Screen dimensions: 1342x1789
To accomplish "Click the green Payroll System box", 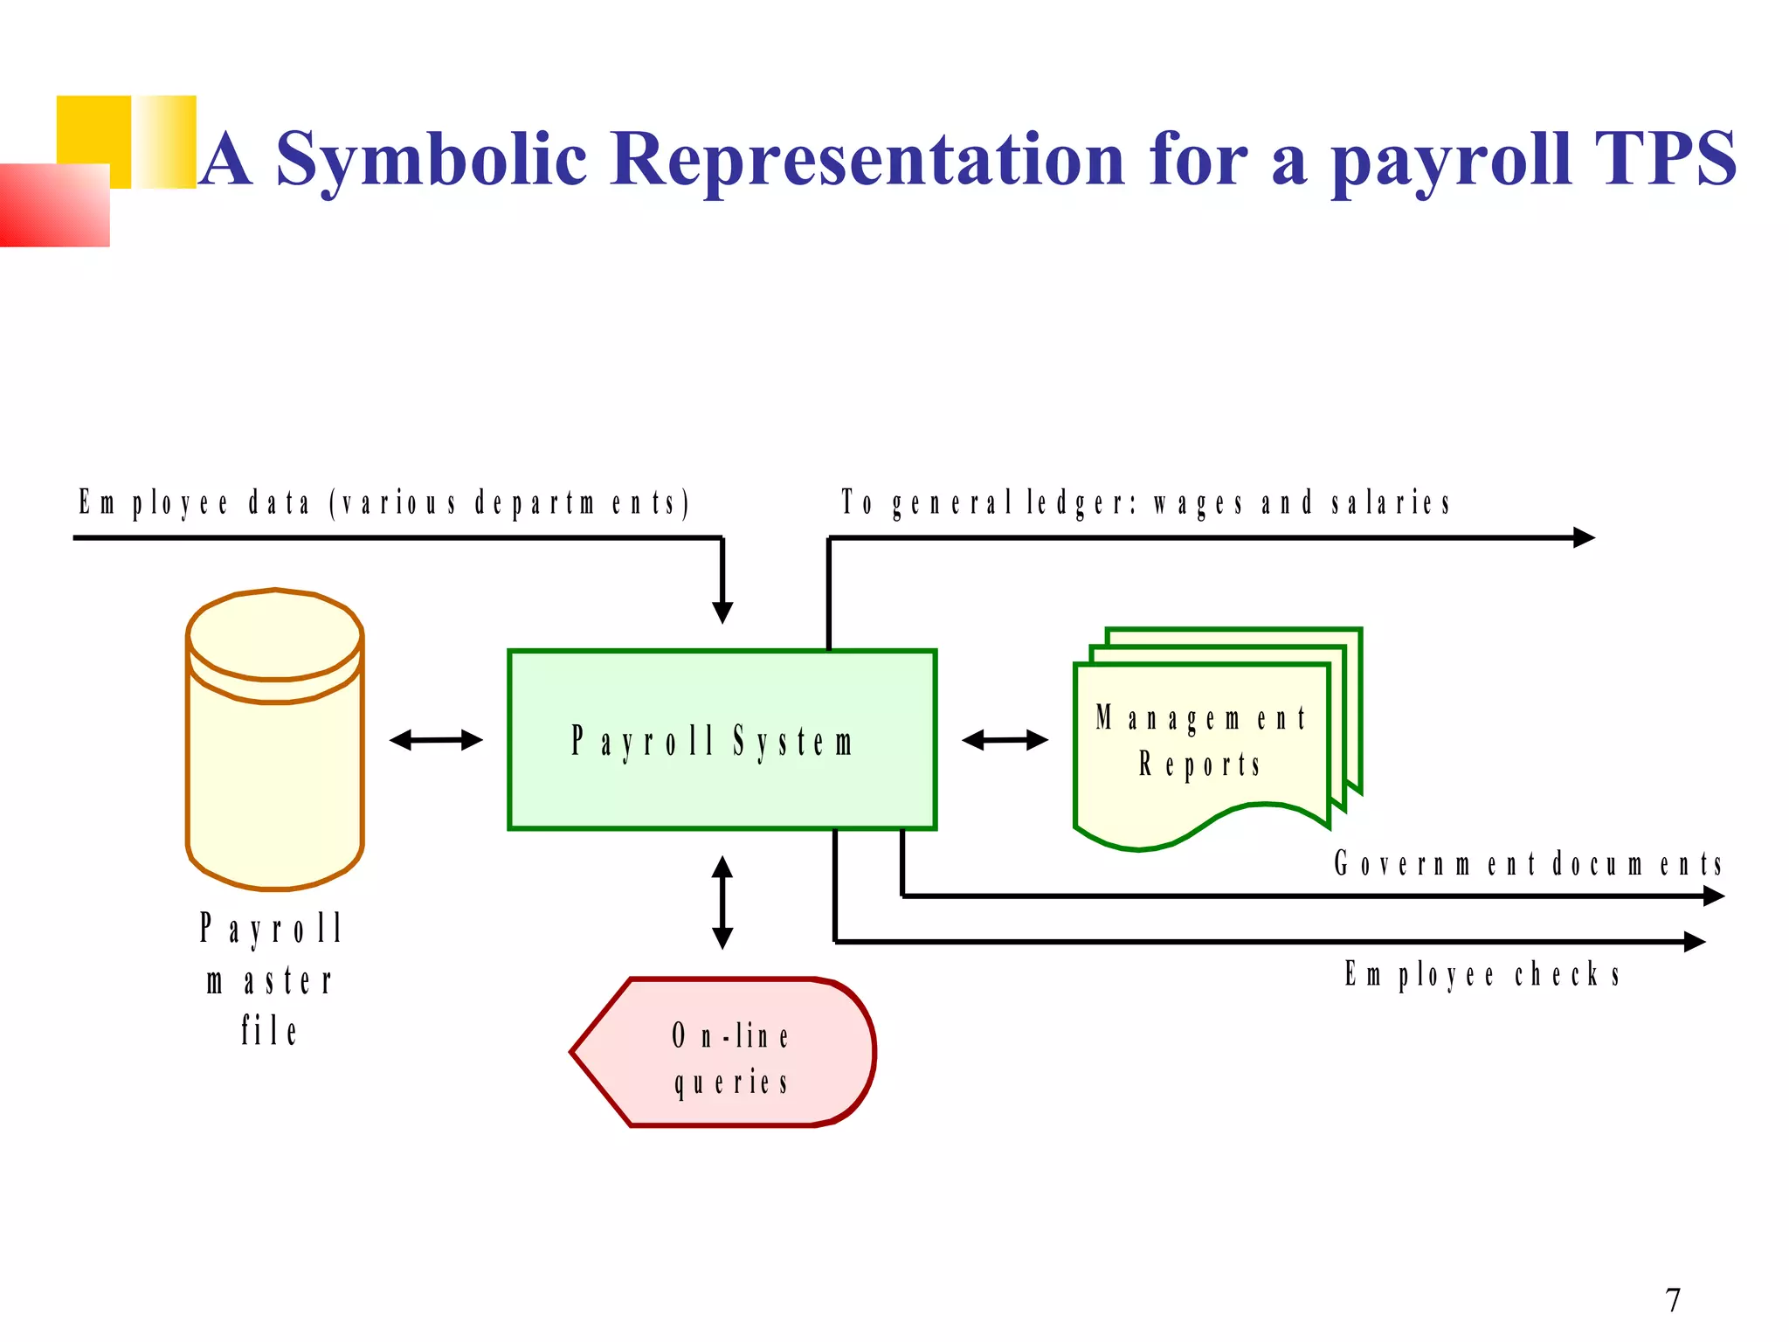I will coord(722,739).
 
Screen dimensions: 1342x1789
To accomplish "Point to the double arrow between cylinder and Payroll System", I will coord(436,740).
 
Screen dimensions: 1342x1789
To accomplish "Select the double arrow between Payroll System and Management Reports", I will coord(1005,740).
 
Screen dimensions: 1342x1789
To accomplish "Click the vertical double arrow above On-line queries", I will coord(722,902).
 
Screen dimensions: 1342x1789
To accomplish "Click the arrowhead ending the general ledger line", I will coord(1583,537).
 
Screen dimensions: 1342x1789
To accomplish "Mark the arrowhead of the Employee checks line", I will coord(1694,942).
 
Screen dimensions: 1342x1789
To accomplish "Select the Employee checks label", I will coord(1482,973).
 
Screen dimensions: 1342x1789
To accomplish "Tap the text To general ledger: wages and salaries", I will coord(1145,503).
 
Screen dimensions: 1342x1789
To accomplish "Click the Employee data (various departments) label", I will coord(384,503).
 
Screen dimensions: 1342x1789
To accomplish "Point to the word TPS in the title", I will coord(1665,159).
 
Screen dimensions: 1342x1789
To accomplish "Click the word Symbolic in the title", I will coord(432,159).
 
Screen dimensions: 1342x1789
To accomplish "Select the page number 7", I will coord(1673,1300).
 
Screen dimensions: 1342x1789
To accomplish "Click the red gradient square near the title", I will coord(54,205).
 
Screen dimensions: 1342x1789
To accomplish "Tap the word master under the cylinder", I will coord(269,981).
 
